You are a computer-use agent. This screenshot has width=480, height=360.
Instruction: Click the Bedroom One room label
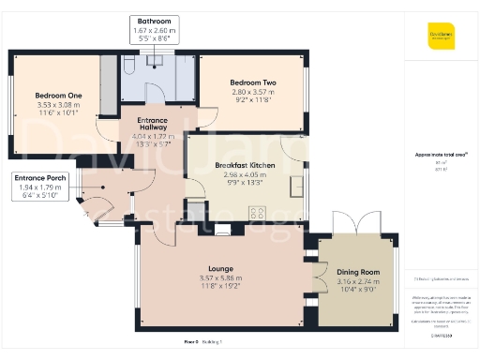(x=58, y=95)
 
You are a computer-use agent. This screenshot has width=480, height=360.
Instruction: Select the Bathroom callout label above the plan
(x=155, y=20)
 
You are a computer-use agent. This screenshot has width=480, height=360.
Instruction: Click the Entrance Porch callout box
(x=39, y=187)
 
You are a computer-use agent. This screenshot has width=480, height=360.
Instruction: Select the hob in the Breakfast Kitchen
(x=255, y=211)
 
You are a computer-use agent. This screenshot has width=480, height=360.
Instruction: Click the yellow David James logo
(x=438, y=37)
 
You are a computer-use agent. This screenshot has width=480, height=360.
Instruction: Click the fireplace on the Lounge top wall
(x=222, y=229)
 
